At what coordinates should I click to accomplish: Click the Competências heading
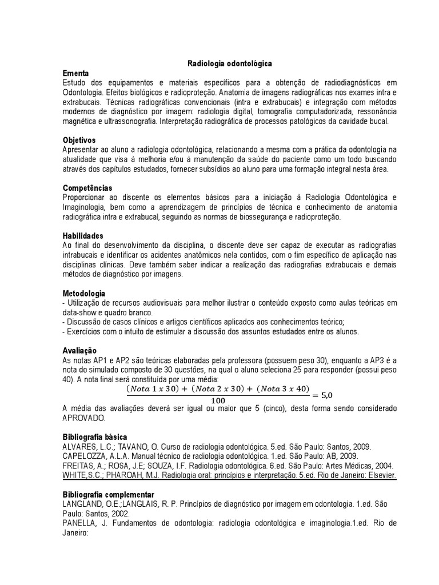coord(87,187)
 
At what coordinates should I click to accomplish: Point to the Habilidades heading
coord(82,235)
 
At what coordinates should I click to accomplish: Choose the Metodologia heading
coord(83,293)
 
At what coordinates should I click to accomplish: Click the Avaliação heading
coord(79,350)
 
